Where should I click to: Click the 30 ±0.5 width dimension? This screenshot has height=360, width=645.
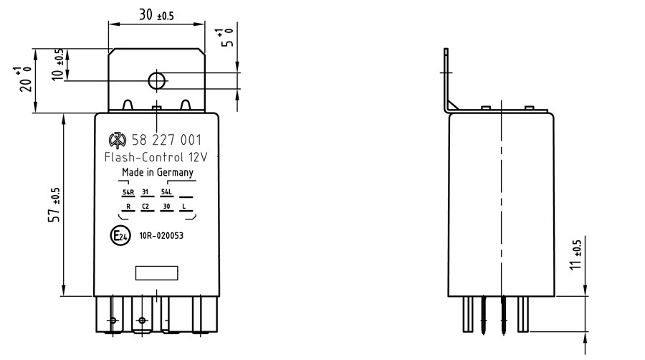pos(156,15)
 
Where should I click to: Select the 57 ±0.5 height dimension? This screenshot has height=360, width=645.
pos(54,205)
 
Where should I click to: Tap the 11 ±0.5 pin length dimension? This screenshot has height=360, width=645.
pos(575,255)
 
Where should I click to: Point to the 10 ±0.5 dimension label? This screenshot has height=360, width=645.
pos(57,65)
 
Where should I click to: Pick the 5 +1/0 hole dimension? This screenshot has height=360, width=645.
pos(226,37)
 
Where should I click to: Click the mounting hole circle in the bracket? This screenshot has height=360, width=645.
pos(157,80)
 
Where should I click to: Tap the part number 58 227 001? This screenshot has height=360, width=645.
pos(166,141)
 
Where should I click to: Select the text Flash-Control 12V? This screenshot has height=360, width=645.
pos(156,157)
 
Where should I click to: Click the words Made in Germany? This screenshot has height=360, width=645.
pos(158,172)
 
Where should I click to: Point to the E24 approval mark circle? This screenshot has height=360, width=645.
pos(120,236)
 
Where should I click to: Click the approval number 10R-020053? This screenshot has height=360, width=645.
pos(161,236)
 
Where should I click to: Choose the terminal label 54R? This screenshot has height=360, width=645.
pos(128,192)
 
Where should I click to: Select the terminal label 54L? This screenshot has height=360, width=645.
pos(166,192)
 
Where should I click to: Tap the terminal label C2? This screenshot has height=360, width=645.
pos(145,206)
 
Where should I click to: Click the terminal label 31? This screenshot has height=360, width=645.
pos(145,192)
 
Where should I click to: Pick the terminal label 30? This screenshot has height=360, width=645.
pos(166,206)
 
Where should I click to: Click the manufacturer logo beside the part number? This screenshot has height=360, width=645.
pos(118,141)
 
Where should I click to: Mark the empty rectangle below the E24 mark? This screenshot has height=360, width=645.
pos(157,273)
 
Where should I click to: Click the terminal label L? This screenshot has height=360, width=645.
pos(184,206)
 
